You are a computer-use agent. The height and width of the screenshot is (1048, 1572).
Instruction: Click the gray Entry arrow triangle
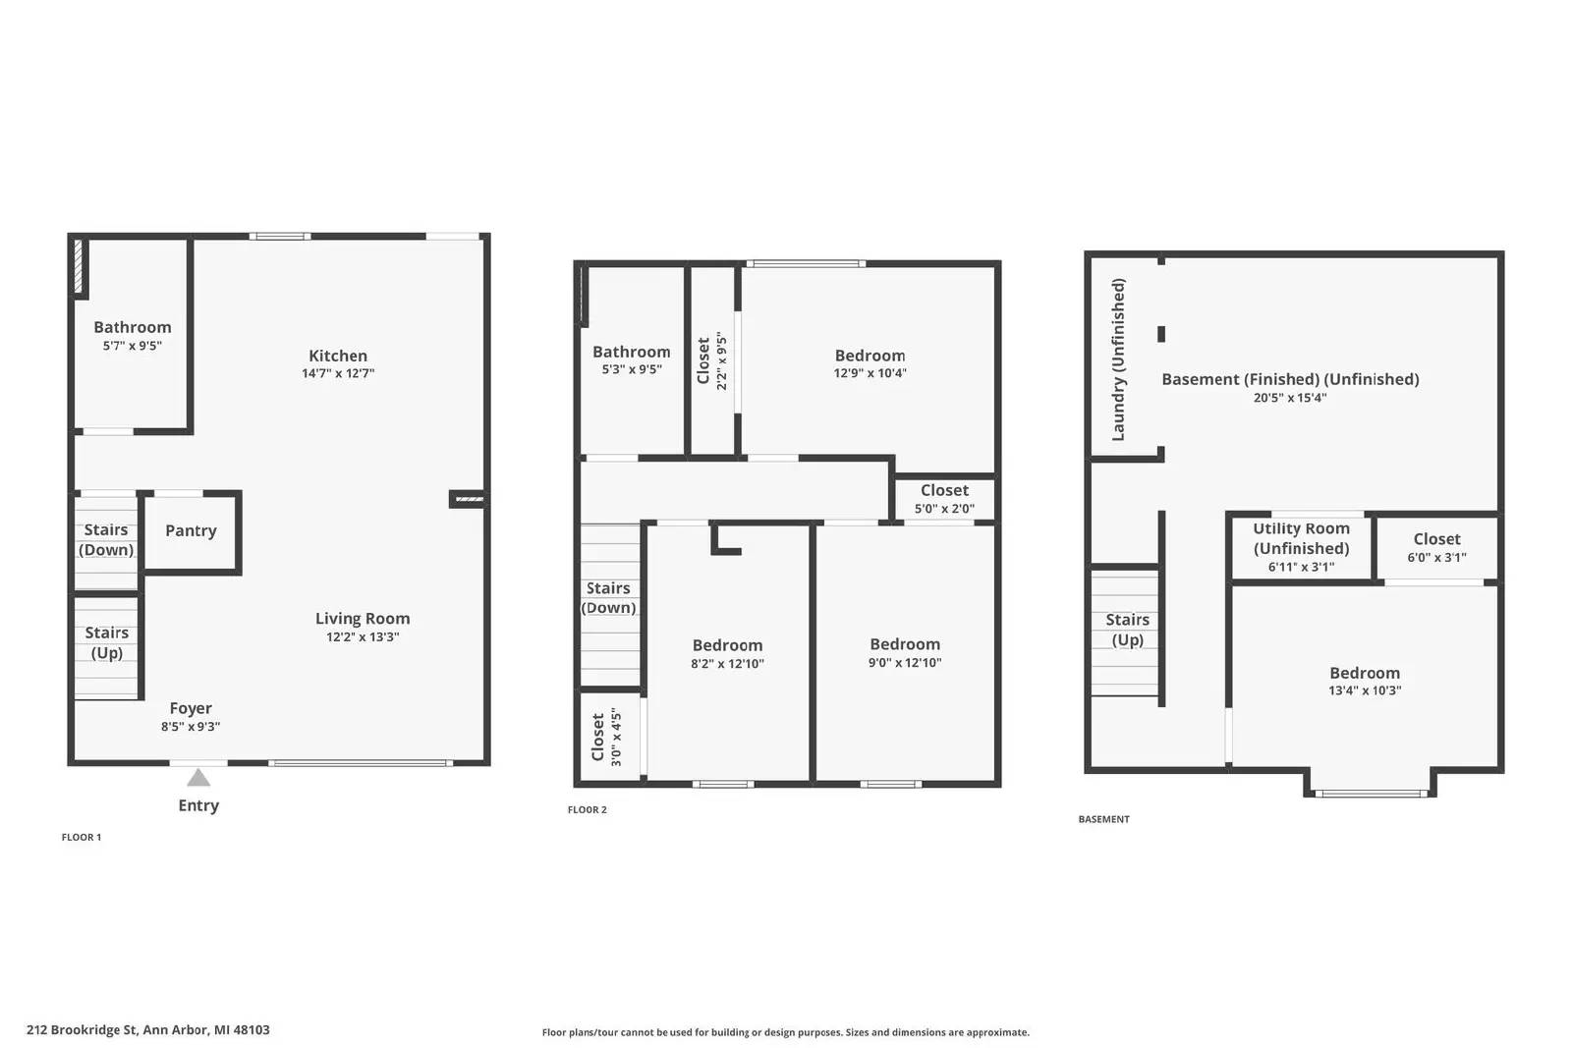click(x=198, y=777)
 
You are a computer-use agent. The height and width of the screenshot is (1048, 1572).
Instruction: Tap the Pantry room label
click(x=191, y=530)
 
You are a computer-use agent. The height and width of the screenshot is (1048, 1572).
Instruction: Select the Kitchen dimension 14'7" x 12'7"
click(x=338, y=373)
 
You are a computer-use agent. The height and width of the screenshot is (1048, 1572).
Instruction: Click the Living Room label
click(x=363, y=618)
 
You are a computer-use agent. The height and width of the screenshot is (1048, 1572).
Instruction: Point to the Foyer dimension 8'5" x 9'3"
click(x=191, y=727)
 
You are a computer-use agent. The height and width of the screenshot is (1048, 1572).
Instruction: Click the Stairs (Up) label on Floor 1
click(x=107, y=642)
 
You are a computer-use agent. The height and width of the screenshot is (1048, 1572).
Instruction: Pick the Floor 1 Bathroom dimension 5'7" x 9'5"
click(x=132, y=345)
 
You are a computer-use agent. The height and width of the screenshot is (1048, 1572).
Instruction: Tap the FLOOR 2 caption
click(x=588, y=809)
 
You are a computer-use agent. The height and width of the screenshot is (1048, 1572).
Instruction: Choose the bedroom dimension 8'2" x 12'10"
click(x=727, y=664)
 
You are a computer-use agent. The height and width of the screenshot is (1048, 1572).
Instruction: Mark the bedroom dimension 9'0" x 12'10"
click(x=905, y=662)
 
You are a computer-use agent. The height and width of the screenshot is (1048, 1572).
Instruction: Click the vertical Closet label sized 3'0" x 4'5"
click(x=598, y=737)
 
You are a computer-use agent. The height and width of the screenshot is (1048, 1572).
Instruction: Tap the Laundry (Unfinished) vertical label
click(x=1118, y=359)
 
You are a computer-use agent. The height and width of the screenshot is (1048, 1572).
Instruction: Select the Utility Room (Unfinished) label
click(x=1301, y=538)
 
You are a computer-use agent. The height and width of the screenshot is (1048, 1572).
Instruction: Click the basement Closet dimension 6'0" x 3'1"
click(x=1436, y=558)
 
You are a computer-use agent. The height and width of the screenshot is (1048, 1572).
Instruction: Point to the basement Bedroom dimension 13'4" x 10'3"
click(x=1365, y=690)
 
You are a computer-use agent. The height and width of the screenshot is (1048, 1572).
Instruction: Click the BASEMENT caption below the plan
click(x=1104, y=818)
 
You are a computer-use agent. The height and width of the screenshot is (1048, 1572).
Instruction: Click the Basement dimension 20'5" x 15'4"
click(x=1290, y=398)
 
